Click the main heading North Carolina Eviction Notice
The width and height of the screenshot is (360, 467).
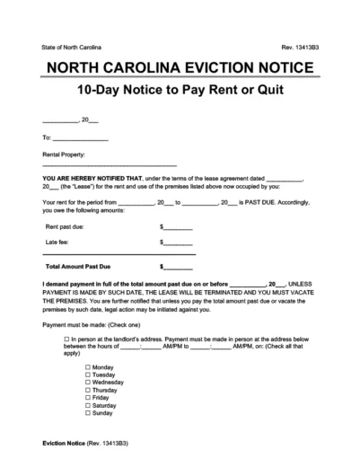[180, 69]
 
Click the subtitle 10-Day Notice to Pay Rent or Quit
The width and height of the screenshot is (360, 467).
[180, 92]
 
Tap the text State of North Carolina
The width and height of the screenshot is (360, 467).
[72, 46]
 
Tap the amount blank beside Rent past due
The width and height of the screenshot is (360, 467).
[177, 228]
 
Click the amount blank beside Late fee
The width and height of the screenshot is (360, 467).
[177, 242]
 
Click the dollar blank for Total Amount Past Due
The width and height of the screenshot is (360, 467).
[177, 267]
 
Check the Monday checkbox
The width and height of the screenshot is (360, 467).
[87, 368]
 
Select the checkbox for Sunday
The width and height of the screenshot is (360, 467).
[87, 413]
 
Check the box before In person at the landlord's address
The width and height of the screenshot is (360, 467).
[67, 338]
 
